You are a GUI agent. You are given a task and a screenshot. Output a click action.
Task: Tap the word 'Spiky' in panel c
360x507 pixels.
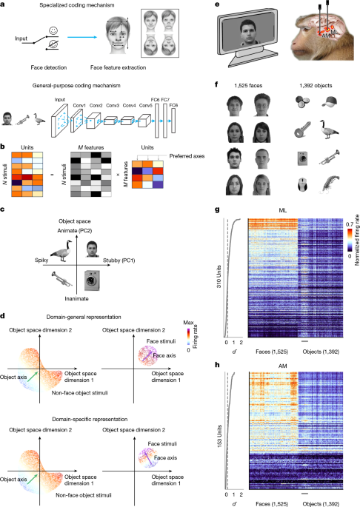[x=42, y=261]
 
